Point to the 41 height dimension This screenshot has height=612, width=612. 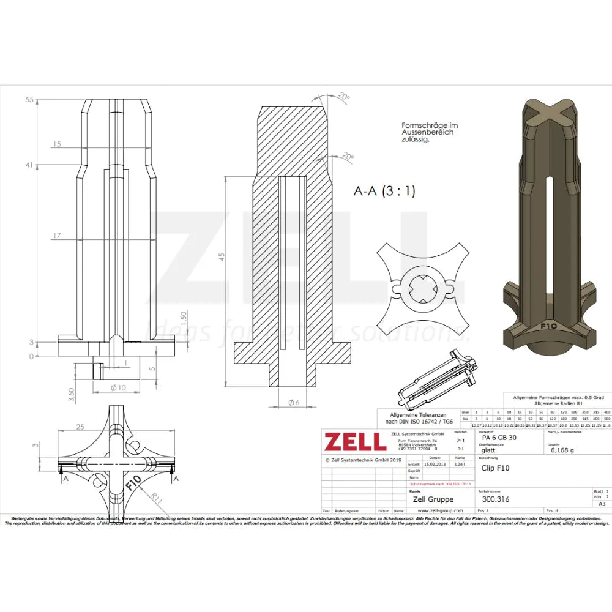click(29, 165)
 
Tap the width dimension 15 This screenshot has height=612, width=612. click(57, 144)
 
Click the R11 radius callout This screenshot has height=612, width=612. click(158, 499)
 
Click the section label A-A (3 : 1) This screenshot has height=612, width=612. click(384, 191)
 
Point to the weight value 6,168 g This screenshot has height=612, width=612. click(562, 450)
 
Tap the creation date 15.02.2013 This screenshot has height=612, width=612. click(435, 465)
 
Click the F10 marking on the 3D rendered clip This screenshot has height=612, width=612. click(548, 326)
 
